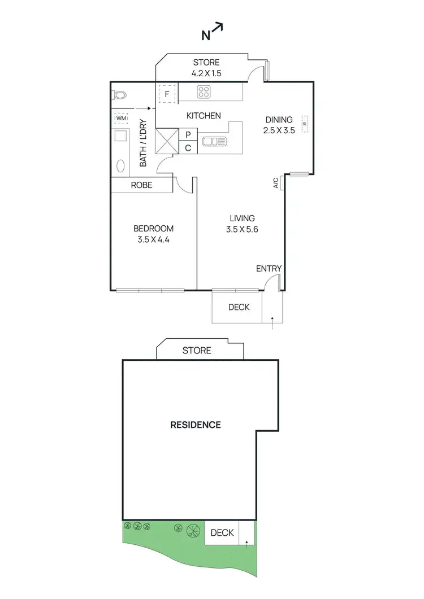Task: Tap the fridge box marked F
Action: (x=167, y=93)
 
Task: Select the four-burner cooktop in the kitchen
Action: (x=204, y=92)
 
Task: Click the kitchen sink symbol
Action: (x=214, y=141)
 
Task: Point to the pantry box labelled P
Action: (x=188, y=135)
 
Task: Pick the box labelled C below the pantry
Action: (x=188, y=148)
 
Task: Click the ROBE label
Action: (x=141, y=185)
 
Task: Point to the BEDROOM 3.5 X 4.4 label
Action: (x=153, y=234)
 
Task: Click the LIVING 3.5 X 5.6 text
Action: (x=242, y=224)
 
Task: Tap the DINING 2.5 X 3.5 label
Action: (x=279, y=125)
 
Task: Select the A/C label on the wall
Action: (x=276, y=183)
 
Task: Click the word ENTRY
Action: (x=269, y=268)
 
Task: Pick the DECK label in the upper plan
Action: (x=239, y=307)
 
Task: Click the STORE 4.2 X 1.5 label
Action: (x=206, y=67)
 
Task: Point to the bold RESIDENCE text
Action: (x=196, y=425)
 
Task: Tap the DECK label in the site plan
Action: (x=222, y=532)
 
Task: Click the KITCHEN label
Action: (x=204, y=116)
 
